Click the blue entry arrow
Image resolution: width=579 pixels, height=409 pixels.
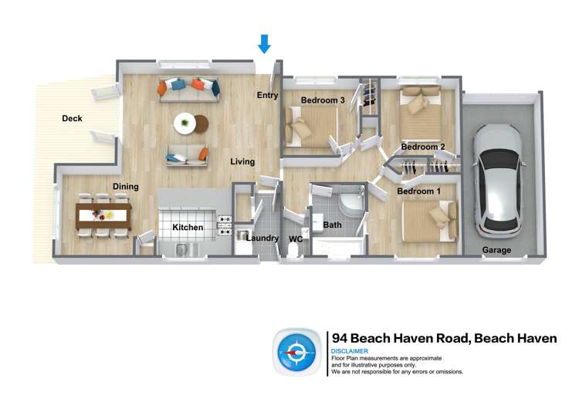264,44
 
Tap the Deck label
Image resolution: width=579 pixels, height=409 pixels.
72,119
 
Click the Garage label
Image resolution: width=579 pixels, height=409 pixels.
496,250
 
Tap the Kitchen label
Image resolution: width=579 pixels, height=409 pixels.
188,228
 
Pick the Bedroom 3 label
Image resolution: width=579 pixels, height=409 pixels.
323,100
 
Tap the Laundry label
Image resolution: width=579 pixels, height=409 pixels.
262,238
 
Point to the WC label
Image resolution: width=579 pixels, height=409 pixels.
295,239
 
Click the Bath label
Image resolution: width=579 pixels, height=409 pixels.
332,225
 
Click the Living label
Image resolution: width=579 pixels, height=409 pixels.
242,162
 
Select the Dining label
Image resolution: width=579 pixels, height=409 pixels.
126,187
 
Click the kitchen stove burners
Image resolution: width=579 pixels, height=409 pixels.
225,225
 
